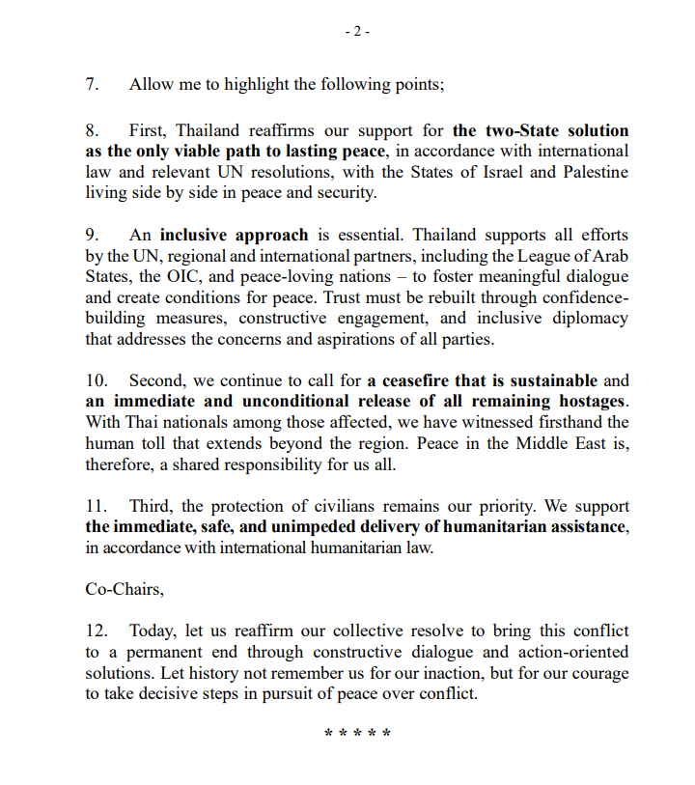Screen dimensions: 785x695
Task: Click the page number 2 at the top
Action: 357,31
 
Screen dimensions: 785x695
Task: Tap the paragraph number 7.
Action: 92,84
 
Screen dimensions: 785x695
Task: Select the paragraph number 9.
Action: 92,235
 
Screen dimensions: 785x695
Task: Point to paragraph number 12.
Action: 97,631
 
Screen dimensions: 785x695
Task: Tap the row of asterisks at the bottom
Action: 357,734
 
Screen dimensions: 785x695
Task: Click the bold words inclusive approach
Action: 234,235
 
